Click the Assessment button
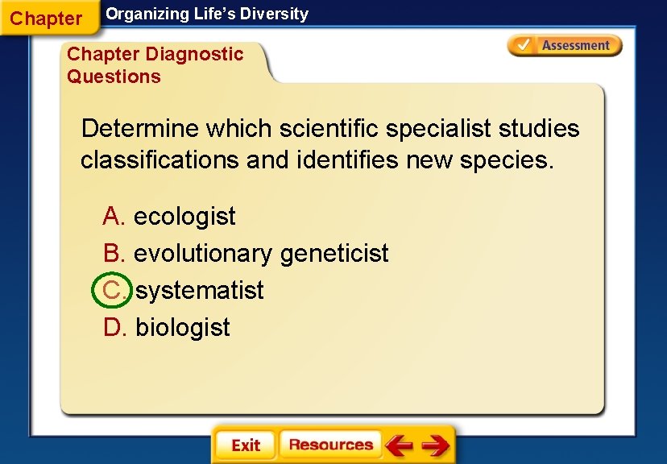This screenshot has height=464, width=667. coord(565,46)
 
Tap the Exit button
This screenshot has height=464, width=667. coord(245,445)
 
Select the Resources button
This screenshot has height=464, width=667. coord(330,445)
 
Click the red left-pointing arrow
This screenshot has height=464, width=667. coord(399,445)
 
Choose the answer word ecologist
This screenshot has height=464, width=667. coord(184,217)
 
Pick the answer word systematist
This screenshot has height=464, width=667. coord(200,290)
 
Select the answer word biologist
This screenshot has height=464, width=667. coord(183,328)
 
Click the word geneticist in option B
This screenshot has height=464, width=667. coord(334,254)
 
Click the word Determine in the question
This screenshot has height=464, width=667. coord(140,129)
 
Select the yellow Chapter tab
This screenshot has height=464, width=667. coord(47,19)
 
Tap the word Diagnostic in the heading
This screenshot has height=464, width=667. coord(194,55)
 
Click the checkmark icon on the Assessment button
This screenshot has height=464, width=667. coord(523,46)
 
